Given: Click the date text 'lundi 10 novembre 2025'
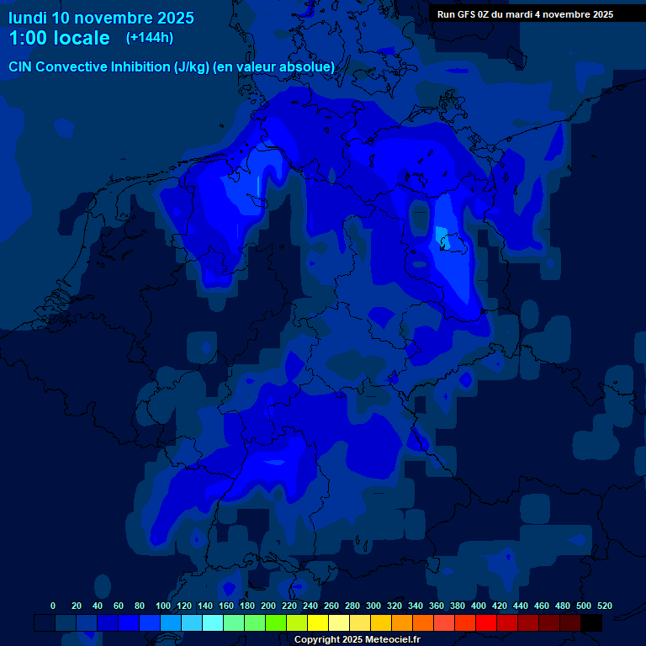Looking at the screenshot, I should click(101, 18).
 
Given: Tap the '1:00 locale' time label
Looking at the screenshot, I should click(59, 38).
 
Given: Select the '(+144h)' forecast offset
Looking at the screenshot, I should click(150, 38).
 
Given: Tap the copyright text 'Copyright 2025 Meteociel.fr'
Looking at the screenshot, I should click(357, 639).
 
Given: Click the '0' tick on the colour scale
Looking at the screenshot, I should click(53, 606).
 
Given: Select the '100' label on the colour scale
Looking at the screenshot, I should click(163, 606).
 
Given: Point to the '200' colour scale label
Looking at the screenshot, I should click(268, 606).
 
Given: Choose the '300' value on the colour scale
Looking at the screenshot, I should click(373, 606).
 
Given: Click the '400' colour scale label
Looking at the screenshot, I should click(478, 606).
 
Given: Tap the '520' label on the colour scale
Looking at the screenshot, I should click(604, 606).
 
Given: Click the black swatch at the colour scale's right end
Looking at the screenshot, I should click(591, 622).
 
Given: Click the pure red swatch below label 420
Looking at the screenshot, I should click(486, 622).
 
